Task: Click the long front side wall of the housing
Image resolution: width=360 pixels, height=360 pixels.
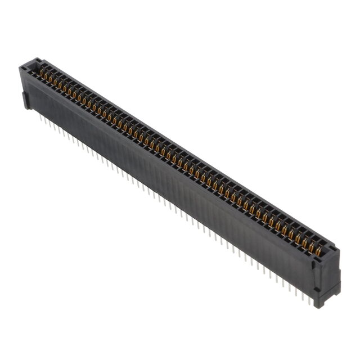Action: tap(169, 180)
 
